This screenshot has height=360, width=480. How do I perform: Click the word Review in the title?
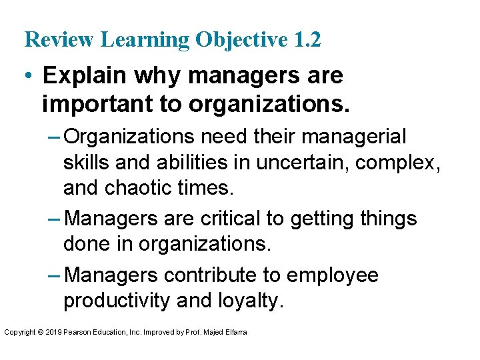coord(59,40)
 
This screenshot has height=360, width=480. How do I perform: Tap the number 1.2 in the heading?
coord(307,40)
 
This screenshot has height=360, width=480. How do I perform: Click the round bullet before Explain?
coord(29,76)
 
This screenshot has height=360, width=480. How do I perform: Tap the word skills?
coord(87,163)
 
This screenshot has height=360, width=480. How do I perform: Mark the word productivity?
coord(117,301)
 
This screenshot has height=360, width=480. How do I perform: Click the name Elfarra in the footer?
coord(236,331)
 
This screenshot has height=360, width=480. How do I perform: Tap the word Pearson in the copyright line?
coord(79,331)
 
